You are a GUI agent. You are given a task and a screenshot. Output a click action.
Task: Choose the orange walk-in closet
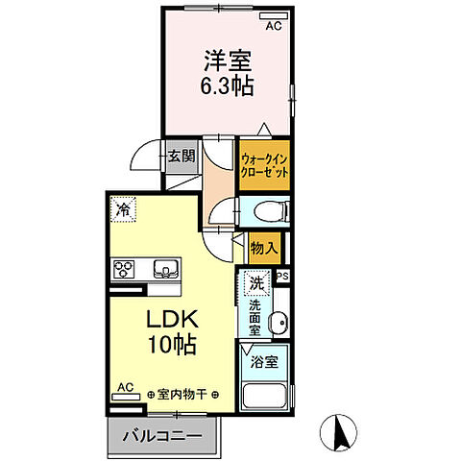point(263,163)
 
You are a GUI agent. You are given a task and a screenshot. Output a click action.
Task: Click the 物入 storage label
point(264,248)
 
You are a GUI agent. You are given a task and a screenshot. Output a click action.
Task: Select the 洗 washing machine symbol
point(256,282)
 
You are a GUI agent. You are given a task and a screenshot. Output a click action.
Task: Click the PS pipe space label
point(282,277)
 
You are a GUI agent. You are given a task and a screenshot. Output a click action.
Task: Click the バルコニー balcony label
point(162,435)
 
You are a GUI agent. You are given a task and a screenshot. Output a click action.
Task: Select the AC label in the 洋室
point(274,26)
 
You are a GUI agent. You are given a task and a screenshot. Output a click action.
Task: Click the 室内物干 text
point(182,393)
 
